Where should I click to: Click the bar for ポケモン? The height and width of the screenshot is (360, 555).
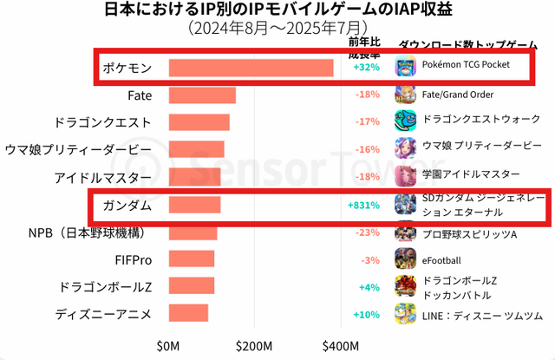pos(251,68)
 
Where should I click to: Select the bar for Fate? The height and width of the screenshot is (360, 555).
pos(201,95)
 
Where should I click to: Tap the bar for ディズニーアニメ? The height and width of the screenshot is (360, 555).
pos(188,313)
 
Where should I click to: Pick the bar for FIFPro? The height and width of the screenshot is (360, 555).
pos(191,259)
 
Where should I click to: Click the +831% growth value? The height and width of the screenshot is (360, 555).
pos(363,206)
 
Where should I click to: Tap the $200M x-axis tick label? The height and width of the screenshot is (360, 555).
pos(254,346)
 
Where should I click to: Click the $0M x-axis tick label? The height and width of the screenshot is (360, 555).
pos(168,346)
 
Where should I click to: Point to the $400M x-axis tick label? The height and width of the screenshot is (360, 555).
pos(342,346)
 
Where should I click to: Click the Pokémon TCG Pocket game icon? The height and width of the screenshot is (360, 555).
pos(405,66)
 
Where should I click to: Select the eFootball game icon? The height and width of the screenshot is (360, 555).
pos(405,259)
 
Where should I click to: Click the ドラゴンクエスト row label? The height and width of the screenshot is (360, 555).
pos(102,122)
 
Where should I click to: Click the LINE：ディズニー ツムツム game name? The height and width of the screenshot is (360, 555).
pos(482,314)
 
